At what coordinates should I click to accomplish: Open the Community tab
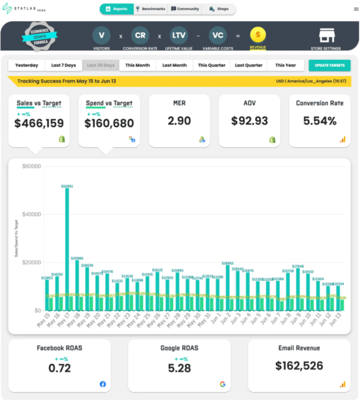[x=185, y=9]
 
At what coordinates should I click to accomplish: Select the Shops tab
[x=219, y=9]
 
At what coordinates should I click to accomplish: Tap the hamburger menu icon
[x=356, y=9]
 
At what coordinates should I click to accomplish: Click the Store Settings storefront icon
[x=325, y=36]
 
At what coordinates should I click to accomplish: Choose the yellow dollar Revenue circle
[x=258, y=35]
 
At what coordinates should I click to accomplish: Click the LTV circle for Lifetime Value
[x=179, y=35]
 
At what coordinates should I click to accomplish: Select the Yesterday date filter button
[x=26, y=65]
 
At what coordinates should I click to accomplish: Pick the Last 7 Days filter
[x=63, y=65]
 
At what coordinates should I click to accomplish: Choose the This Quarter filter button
[x=212, y=65]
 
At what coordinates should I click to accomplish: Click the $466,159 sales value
[x=39, y=123]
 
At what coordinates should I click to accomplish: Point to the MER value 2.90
[x=179, y=121]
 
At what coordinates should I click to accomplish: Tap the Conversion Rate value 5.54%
[x=320, y=121]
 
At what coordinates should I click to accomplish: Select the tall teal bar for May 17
[x=67, y=249]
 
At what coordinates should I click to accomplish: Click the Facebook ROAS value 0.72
[x=59, y=368]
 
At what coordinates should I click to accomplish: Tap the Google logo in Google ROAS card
[x=222, y=384]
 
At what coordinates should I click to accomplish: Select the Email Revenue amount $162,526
[x=299, y=365]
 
